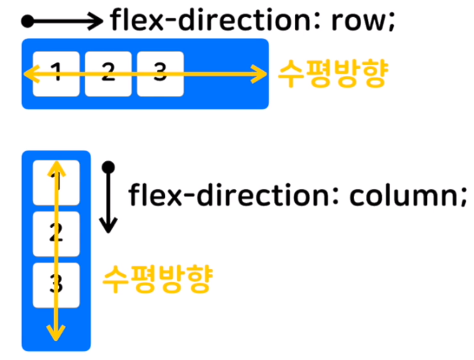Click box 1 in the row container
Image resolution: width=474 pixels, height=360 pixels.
pyautogui.click(x=56, y=74)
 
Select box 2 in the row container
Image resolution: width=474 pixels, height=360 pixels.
pyautogui.click(x=108, y=74)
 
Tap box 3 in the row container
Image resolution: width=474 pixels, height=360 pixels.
pyautogui.click(x=161, y=74)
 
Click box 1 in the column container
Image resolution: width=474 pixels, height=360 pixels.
pyautogui.click(x=56, y=182)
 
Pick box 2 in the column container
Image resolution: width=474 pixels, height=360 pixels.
pyautogui.click(x=56, y=234)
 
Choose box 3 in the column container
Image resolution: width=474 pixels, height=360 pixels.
pyautogui.click(x=56, y=285)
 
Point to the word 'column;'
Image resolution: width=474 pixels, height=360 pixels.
pyautogui.click(x=408, y=196)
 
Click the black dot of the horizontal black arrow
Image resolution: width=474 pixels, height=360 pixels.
pyautogui.click(x=28, y=21)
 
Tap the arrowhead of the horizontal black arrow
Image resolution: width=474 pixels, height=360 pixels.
pyautogui.click(x=96, y=21)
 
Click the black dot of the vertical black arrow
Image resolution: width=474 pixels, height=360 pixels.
pyautogui.click(x=109, y=168)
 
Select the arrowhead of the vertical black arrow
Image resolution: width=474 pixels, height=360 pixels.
pyautogui.click(x=109, y=226)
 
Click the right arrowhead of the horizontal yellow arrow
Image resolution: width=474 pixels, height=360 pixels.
pyautogui.click(x=259, y=74)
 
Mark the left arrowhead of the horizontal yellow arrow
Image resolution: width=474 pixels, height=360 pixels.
pyautogui.click(x=31, y=74)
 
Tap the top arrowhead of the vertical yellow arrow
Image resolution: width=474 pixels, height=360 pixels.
pyautogui.click(x=56, y=168)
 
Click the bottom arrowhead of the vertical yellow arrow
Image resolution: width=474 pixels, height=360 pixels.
pyautogui.click(x=56, y=333)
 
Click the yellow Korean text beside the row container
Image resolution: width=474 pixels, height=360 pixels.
pyautogui.click(x=333, y=73)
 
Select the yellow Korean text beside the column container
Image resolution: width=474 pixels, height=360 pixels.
pyautogui.click(x=158, y=279)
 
